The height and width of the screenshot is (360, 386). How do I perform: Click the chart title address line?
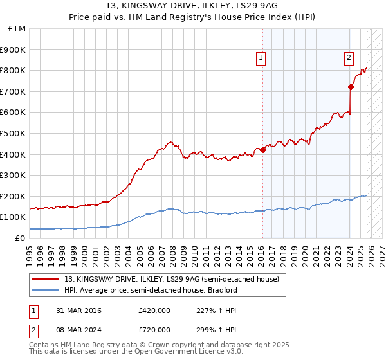[x=193, y=6]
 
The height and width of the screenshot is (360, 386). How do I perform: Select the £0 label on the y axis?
[x=20, y=238]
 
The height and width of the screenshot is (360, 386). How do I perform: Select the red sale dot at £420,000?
[x=262, y=150]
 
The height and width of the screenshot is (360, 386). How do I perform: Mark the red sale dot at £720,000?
[x=351, y=87]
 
